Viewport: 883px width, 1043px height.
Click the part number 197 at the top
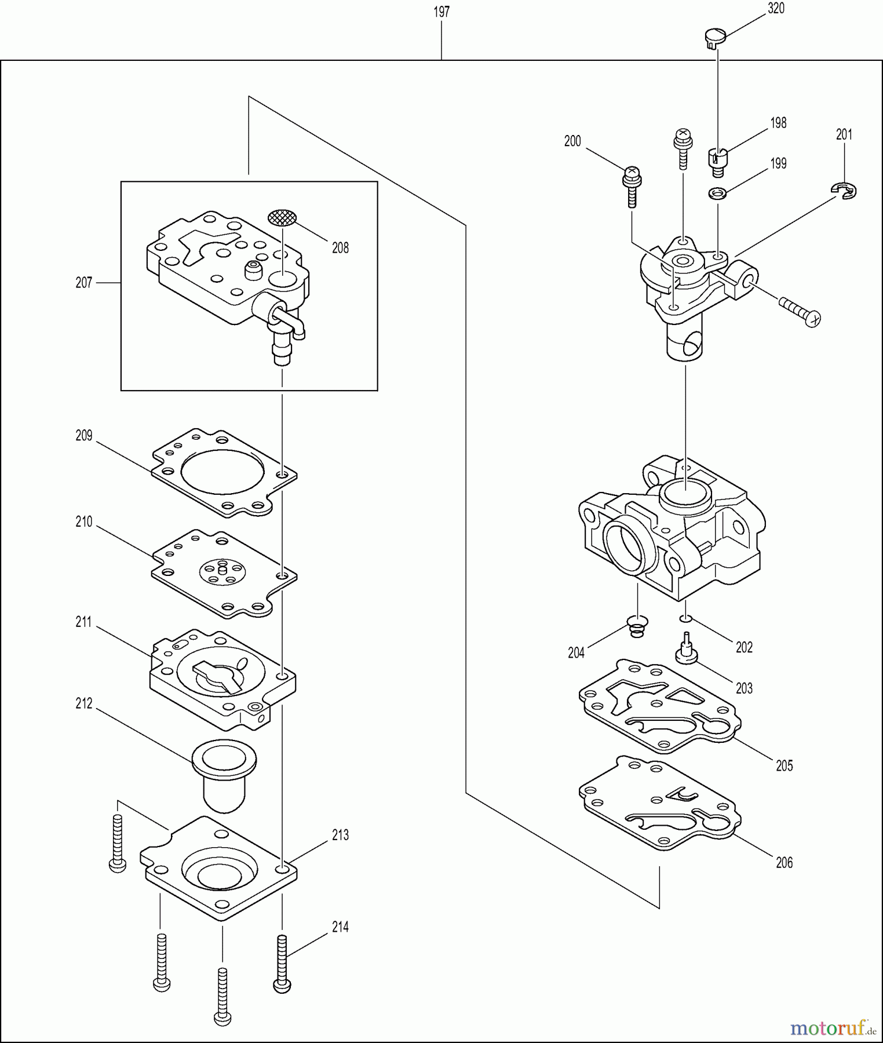[442, 12]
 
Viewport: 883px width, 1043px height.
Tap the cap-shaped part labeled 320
[715, 38]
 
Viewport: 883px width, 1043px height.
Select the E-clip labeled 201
[845, 190]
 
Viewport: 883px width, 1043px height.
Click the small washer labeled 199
[718, 193]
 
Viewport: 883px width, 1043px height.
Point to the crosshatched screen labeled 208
[282, 218]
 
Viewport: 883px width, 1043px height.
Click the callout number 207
[84, 283]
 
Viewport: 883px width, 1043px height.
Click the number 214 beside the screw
[340, 927]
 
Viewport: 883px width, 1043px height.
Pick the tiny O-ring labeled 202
[685, 619]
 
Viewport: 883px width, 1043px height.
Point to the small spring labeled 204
[637, 626]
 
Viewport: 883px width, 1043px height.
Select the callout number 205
[784, 766]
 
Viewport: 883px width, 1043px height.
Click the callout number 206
[784, 863]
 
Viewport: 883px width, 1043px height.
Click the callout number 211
[84, 622]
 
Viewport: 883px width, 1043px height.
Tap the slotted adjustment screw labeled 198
[717, 162]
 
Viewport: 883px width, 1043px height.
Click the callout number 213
[340, 835]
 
